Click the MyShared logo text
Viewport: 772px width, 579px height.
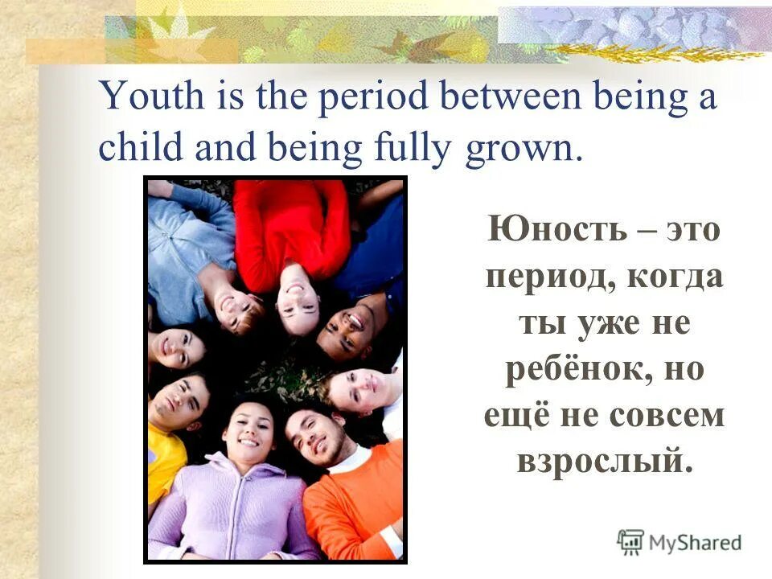(695, 542)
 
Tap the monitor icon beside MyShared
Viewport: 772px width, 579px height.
(631, 541)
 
